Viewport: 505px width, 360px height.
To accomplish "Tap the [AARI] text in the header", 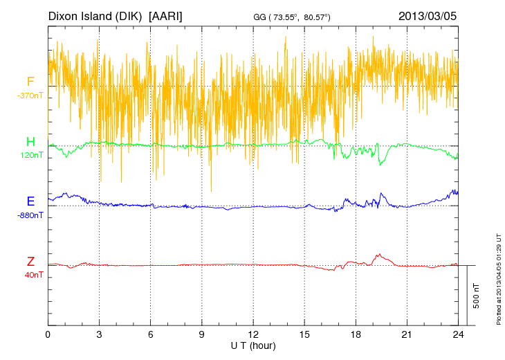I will pyautogui.click(x=166, y=15).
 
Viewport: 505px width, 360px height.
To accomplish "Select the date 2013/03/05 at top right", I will pyautogui.click(x=427, y=15).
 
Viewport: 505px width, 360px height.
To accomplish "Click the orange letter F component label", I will pyautogui.click(x=30, y=82).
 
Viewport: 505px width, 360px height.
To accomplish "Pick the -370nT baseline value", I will pyautogui.click(x=30, y=96).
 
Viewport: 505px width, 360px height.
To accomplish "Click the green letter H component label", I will pyautogui.click(x=30, y=142).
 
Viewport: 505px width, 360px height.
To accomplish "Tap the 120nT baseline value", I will pyautogui.click(x=30, y=155).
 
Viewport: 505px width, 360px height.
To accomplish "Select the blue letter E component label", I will pyautogui.click(x=30, y=201).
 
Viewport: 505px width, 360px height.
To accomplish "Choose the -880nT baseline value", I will pyautogui.click(x=30, y=215).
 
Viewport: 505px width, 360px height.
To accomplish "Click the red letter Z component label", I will pyautogui.click(x=30, y=262).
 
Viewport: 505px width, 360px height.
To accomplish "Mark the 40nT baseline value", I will pyautogui.click(x=30, y=275).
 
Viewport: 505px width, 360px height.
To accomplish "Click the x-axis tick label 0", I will pyautogui.click(x=48, y=334).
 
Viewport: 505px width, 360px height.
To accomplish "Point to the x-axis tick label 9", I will pyautogui.click(x=202, y=334).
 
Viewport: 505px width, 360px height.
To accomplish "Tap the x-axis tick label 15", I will pyautogui.click(x=304, y=334).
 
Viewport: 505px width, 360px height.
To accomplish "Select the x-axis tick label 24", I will pyautogui.click(x=459, y=334).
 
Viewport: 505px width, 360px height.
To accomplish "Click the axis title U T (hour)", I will pyautogui.click(x=253, y=345).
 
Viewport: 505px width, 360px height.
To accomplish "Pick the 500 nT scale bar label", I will pyautogui.click(x=476, y=295).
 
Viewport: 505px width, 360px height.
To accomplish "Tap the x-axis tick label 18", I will pyautogui.click(x=356, y=334).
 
